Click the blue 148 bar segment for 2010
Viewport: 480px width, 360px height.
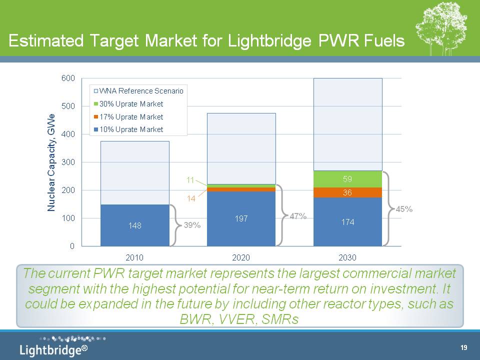point(135,225)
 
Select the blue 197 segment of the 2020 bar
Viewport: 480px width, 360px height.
point(241,218)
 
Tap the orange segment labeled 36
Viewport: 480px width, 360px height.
point(347,192)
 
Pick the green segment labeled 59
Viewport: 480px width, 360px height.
point(347,178)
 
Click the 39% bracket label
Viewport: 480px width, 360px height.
point(192,225)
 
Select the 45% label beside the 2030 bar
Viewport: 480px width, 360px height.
point(404,209)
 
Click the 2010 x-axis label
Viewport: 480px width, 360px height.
point(135,257)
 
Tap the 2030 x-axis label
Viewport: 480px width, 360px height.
point(347,257)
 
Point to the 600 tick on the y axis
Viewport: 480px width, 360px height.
point(68,78)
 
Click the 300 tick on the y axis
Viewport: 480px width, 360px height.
point(68,162)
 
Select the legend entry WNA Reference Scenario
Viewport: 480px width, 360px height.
point(138,91)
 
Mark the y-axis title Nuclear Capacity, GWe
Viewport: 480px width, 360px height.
point(51,162)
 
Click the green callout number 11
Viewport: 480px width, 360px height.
point(190,179)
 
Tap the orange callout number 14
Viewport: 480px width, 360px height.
point(191,198)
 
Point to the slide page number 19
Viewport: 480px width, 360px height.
point(464,347)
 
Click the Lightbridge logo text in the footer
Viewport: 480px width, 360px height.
point(50,349)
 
